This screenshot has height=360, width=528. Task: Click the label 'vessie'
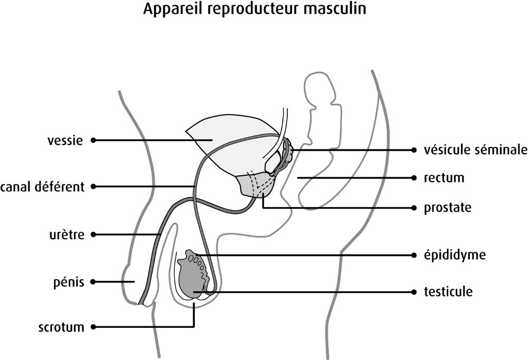point(65,140)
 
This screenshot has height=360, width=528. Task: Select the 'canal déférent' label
point(43,187)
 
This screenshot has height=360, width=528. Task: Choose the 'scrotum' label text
point(61,327)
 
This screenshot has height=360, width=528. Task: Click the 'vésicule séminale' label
point(475,150)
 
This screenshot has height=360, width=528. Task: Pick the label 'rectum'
point(444,177)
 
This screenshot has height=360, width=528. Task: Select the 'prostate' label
point(447,208)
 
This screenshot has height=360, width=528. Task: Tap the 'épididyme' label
point(454,255)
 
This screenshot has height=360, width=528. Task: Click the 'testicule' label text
point(448,291)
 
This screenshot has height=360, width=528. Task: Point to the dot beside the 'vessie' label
point(93,140)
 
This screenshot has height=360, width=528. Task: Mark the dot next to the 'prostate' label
point(413,208)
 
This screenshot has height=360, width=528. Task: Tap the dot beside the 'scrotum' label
point(93,327)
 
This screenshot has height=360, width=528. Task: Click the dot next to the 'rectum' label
point(413,177)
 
